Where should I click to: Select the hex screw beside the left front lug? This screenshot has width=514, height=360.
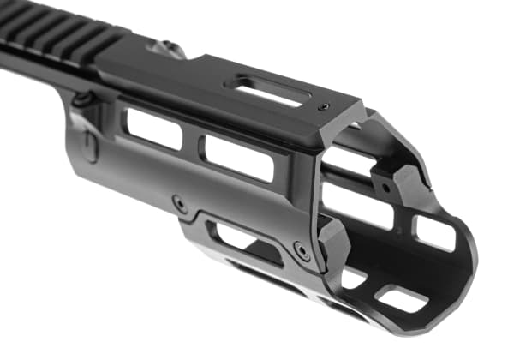click(x=301, y=250)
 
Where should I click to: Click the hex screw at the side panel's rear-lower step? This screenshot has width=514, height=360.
click(x=180, y=204)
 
